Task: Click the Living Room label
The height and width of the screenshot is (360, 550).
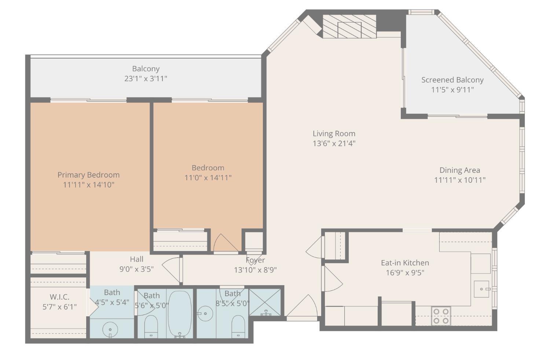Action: pyautogui.click(x=334, y=134)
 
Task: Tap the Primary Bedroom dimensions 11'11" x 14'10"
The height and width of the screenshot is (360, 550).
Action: pyautogui.click(x=88, y=185)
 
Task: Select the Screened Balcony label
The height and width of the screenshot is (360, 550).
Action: pyautogui.click(x=452, y=80)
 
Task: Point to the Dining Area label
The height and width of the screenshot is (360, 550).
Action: pyautogui.click(x=459, y=170)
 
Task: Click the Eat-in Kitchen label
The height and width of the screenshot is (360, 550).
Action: pyautogui.click(x=405, y=263)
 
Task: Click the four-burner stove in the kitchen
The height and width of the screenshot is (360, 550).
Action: pyautogui.click(x=441, y=316)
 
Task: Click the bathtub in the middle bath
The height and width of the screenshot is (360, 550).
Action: pyautogui.click(x=180, y=314)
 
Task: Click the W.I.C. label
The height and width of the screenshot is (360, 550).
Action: pyautogui.click(x=59, y=297)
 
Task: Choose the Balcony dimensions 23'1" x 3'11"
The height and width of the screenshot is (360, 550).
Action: pyautogui.click(x=146, y=79)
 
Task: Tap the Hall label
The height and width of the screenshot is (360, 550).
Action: pyautogui.click(x=136, y=259)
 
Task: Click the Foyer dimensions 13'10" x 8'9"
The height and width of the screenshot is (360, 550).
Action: pyautogui.click(x=255, y=270)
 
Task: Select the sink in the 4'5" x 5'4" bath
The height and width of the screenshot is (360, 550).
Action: pyautogui.click(x=110, y=328)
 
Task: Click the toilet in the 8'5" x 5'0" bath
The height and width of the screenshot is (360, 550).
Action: pyautogui.click(x=238, y=326)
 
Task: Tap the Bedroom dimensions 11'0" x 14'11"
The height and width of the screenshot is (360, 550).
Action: pyautogui.click(x=208, y=178)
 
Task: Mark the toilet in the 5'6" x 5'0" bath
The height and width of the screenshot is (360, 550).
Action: pyautogui.click(x=151, y=326)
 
